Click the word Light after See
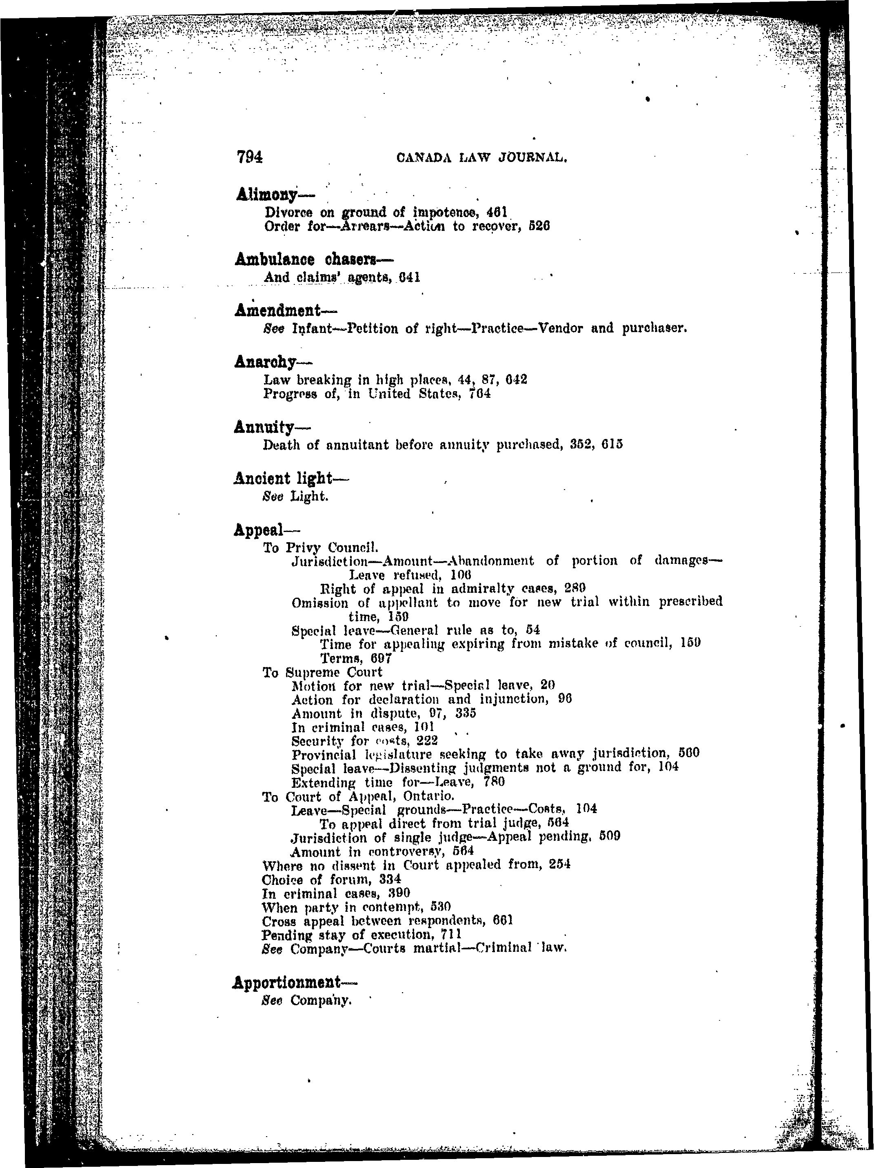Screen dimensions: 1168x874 tap(309, 496)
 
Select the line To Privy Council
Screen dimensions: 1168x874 tap(321, 547)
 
